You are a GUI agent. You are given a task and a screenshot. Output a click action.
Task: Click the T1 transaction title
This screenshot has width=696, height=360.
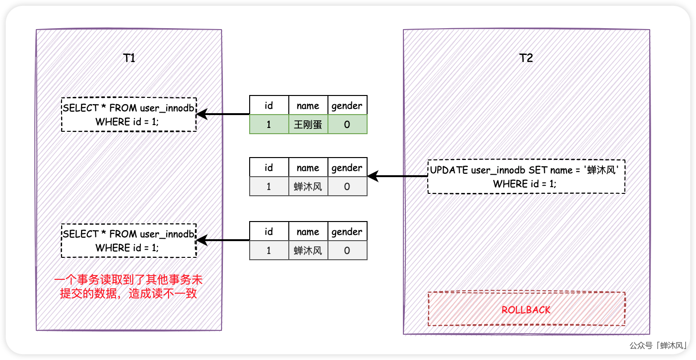[129, 58]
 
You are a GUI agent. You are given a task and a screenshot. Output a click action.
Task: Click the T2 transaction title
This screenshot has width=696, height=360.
[526, 58]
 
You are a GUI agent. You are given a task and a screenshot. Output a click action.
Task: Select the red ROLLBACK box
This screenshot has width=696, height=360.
[526, 309]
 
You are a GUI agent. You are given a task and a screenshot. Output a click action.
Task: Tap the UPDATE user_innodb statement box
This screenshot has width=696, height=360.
[526, 177]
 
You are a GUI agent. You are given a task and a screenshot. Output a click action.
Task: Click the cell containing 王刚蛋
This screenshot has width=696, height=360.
[308, 125]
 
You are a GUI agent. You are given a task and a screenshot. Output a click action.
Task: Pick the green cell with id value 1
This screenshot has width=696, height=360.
[269, 125]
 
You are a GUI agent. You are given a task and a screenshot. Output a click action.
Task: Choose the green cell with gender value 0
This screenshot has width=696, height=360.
[347, 125]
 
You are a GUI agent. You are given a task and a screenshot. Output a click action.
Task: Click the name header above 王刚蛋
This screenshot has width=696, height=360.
[308, 106]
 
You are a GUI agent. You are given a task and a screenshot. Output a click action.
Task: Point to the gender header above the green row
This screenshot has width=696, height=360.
[347, 106]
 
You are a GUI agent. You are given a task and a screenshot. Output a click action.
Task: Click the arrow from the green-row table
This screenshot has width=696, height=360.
[223, 115]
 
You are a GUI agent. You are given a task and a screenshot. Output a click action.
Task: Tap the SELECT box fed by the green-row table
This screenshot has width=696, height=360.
[129, 115]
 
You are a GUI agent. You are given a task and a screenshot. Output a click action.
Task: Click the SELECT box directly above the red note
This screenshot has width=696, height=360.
[129, 241]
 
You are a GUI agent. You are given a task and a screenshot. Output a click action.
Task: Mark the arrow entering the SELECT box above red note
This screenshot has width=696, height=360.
[223, 241]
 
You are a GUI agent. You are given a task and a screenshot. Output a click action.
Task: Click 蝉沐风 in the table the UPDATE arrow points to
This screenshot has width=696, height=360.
[308, 187]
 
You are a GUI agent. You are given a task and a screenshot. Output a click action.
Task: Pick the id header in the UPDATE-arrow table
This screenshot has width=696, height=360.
[269, 168]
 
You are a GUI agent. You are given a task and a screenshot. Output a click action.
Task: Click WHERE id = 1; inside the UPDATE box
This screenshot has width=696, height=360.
[525, 183]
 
